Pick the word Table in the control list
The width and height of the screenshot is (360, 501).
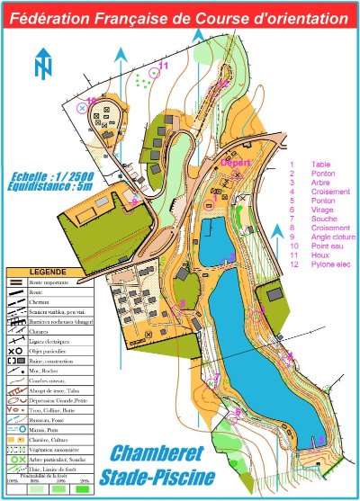(321, 166)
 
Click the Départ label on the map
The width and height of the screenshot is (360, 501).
(236, 163)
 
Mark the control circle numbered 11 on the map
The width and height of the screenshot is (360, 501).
(153, 75)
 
